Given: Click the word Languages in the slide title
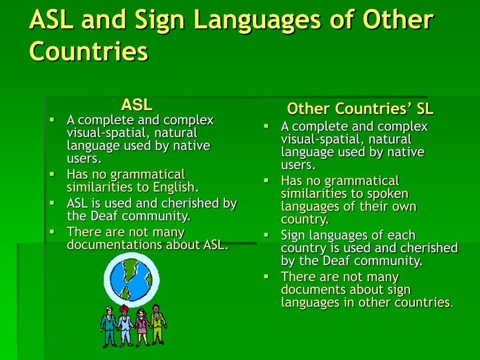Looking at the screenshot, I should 255,21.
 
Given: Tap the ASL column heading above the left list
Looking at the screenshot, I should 137,104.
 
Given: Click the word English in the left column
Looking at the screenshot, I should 176,187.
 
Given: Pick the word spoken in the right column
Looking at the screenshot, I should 389,194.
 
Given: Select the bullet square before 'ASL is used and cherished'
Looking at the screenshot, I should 52,202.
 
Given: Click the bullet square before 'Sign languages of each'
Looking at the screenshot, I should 266,234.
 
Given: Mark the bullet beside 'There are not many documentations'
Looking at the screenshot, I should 52,231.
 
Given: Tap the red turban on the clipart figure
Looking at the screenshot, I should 126,308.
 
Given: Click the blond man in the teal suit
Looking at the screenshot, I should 109,326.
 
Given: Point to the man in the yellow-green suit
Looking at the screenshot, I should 158,323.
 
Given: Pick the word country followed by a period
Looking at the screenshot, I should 304,219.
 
